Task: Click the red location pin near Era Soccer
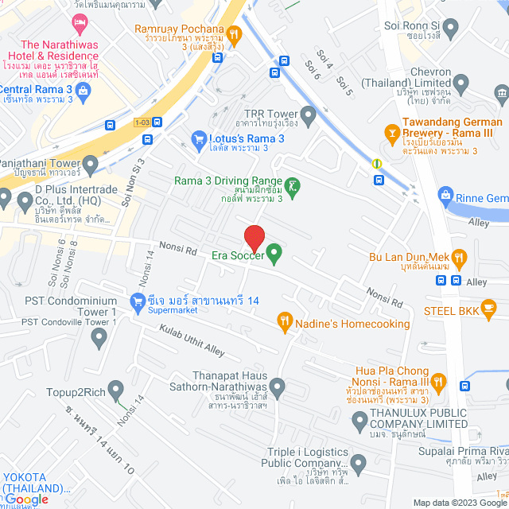pos(254,237)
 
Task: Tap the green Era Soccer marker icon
pos(274,254)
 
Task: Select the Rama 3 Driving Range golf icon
pos(293,186)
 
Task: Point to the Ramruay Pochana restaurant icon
pos(234,33)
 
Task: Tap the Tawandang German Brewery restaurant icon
pos(391,130)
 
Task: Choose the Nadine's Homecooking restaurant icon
pos(285,321)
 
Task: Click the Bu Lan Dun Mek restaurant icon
pos(458,257)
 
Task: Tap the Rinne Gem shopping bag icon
pos(445,196)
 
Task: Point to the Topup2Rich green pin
pos(116,390)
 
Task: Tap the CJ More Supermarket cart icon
pos(136,301)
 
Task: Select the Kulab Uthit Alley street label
pos(192,340)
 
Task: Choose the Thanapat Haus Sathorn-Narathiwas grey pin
pos(277,388)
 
